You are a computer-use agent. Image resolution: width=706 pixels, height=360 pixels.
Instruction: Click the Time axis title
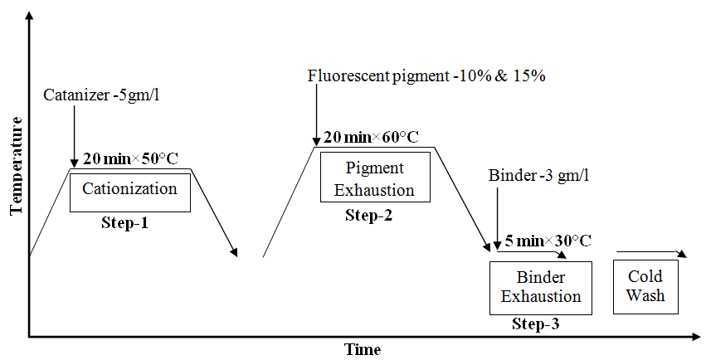[x=363, y=349]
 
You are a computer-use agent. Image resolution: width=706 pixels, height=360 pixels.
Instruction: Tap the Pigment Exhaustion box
[x=375, y=178]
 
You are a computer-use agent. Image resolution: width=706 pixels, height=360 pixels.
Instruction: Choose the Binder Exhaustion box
[x=540, y=287]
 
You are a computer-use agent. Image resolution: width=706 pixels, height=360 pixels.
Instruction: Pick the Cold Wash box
[x=645, y=286]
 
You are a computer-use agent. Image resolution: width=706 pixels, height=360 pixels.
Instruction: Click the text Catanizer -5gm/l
[x=100, y=95]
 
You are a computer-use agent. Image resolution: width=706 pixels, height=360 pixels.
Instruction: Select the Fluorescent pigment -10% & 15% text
[x=426, y=76]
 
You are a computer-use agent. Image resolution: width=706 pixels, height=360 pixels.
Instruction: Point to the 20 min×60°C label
[x=371, y=137]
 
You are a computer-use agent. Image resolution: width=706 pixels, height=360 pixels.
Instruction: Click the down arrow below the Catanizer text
[x=75, y=133]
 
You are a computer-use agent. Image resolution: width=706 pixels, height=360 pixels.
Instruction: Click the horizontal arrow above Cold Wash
[x=650, y=253]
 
